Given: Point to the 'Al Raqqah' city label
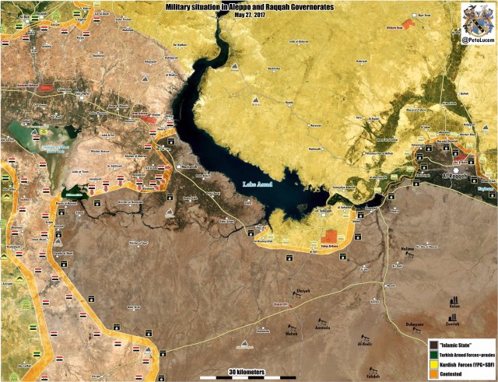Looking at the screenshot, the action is pos(465,177).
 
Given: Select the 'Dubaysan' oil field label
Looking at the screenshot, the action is pos(415,324).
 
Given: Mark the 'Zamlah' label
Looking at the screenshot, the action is pos(453,323).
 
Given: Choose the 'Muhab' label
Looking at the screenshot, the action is pos(291,334).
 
